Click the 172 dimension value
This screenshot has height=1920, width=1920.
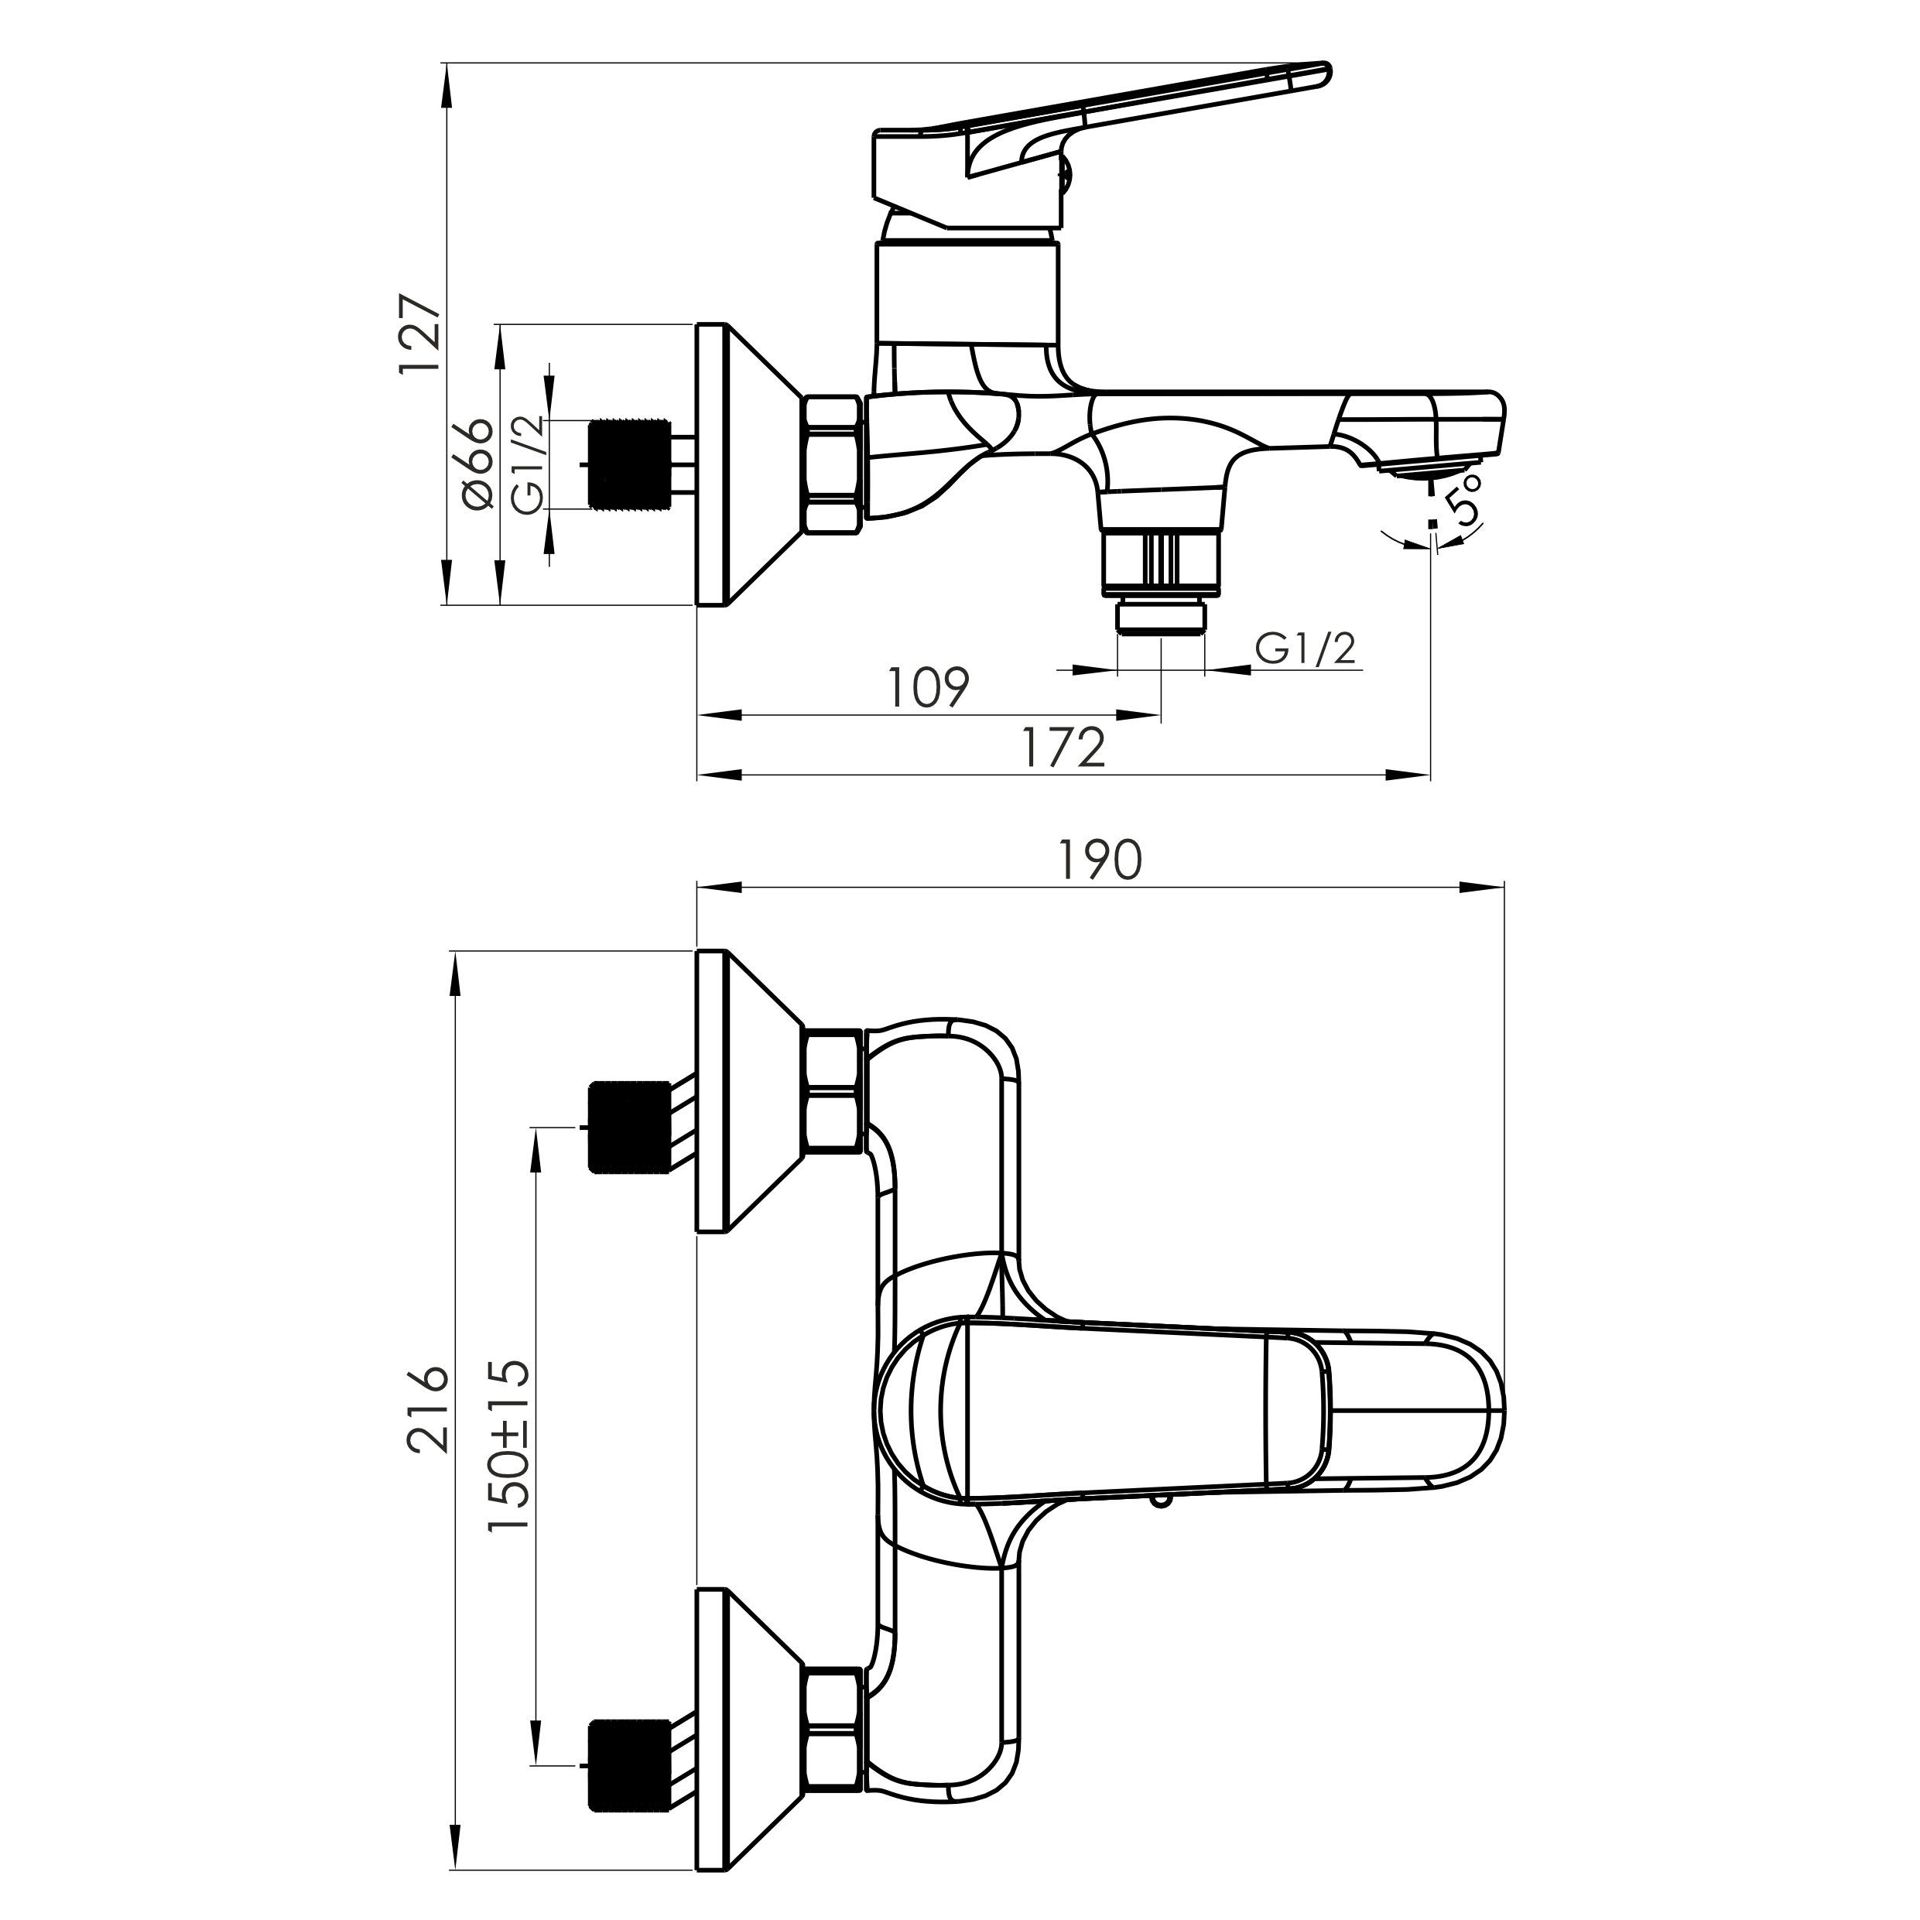coord(1063,748)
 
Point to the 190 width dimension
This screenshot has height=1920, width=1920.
coord(1100,860)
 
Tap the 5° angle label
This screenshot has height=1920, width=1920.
coord(1465,499)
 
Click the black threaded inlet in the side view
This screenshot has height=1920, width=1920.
coord(628,464)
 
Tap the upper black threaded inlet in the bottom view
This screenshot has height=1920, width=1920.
coord(628,1127)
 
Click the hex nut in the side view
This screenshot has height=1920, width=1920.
coord(831,464)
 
